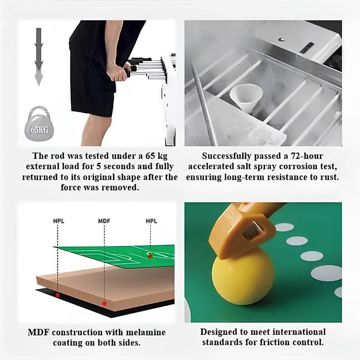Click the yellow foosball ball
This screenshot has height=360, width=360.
(x=243, y=276)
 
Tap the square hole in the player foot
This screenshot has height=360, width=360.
(x=252, y=231)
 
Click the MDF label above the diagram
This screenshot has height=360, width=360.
(x=104, y=221)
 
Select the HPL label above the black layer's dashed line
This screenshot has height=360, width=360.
(x=59, y=221)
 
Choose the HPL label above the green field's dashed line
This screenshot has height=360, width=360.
(x=151, y=221)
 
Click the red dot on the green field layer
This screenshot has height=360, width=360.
(x=150, y=257)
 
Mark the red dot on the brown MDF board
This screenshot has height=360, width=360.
(x=104, y=303)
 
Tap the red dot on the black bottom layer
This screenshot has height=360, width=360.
(x=58, y=295)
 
